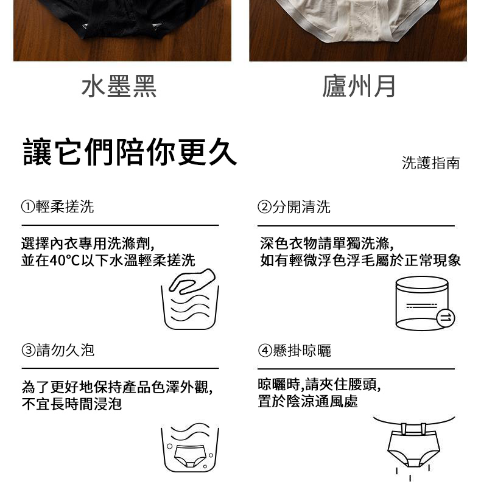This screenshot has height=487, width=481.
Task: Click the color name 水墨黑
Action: [119, 86]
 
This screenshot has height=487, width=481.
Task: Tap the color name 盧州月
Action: [359, 86]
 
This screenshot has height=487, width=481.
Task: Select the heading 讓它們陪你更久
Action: [130, 152]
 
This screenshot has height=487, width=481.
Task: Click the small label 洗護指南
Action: [430, 163]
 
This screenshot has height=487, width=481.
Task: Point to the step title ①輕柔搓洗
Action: [57, 206]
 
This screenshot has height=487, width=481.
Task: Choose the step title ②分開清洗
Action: [293, 206]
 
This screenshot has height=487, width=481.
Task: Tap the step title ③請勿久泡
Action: [58, 350]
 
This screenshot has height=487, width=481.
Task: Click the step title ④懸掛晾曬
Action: [294, 351]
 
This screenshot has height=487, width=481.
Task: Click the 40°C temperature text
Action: [65, 261]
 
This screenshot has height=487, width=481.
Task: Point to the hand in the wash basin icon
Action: [192, 281]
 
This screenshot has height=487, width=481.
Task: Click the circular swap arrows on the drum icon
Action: [446, 318]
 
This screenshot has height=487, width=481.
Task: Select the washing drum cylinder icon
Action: [422, 303]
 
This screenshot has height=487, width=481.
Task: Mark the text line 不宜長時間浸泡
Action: [71, 404]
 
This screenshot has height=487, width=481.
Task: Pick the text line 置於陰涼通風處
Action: [307, 401]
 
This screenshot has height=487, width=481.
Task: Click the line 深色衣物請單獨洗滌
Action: [327, 243]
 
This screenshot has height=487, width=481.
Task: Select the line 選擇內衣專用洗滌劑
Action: [88, 243]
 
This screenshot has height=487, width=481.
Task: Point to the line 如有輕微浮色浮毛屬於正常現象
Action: [360, 261]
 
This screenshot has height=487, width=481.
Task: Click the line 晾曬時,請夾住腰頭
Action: [319, 385]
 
